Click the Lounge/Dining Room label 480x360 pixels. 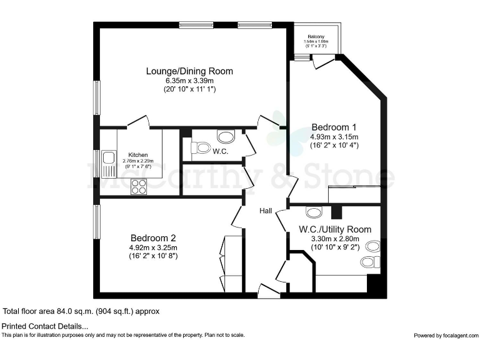click(189, 71)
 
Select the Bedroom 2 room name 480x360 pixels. click(153, 237)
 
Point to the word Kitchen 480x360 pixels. click(138, 155)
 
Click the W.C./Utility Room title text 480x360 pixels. click(335, 229)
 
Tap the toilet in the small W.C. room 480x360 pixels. click(201, 148)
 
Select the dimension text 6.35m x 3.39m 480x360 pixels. click(189, 81)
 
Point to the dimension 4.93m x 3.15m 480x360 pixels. click(334, 136)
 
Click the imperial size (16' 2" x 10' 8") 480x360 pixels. click(153, 256)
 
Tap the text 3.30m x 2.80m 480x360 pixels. click(335, 238)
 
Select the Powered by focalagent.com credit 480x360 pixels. click(444, 336)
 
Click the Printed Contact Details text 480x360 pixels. click(45, 326)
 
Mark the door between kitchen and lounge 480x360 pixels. click(138, 122)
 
